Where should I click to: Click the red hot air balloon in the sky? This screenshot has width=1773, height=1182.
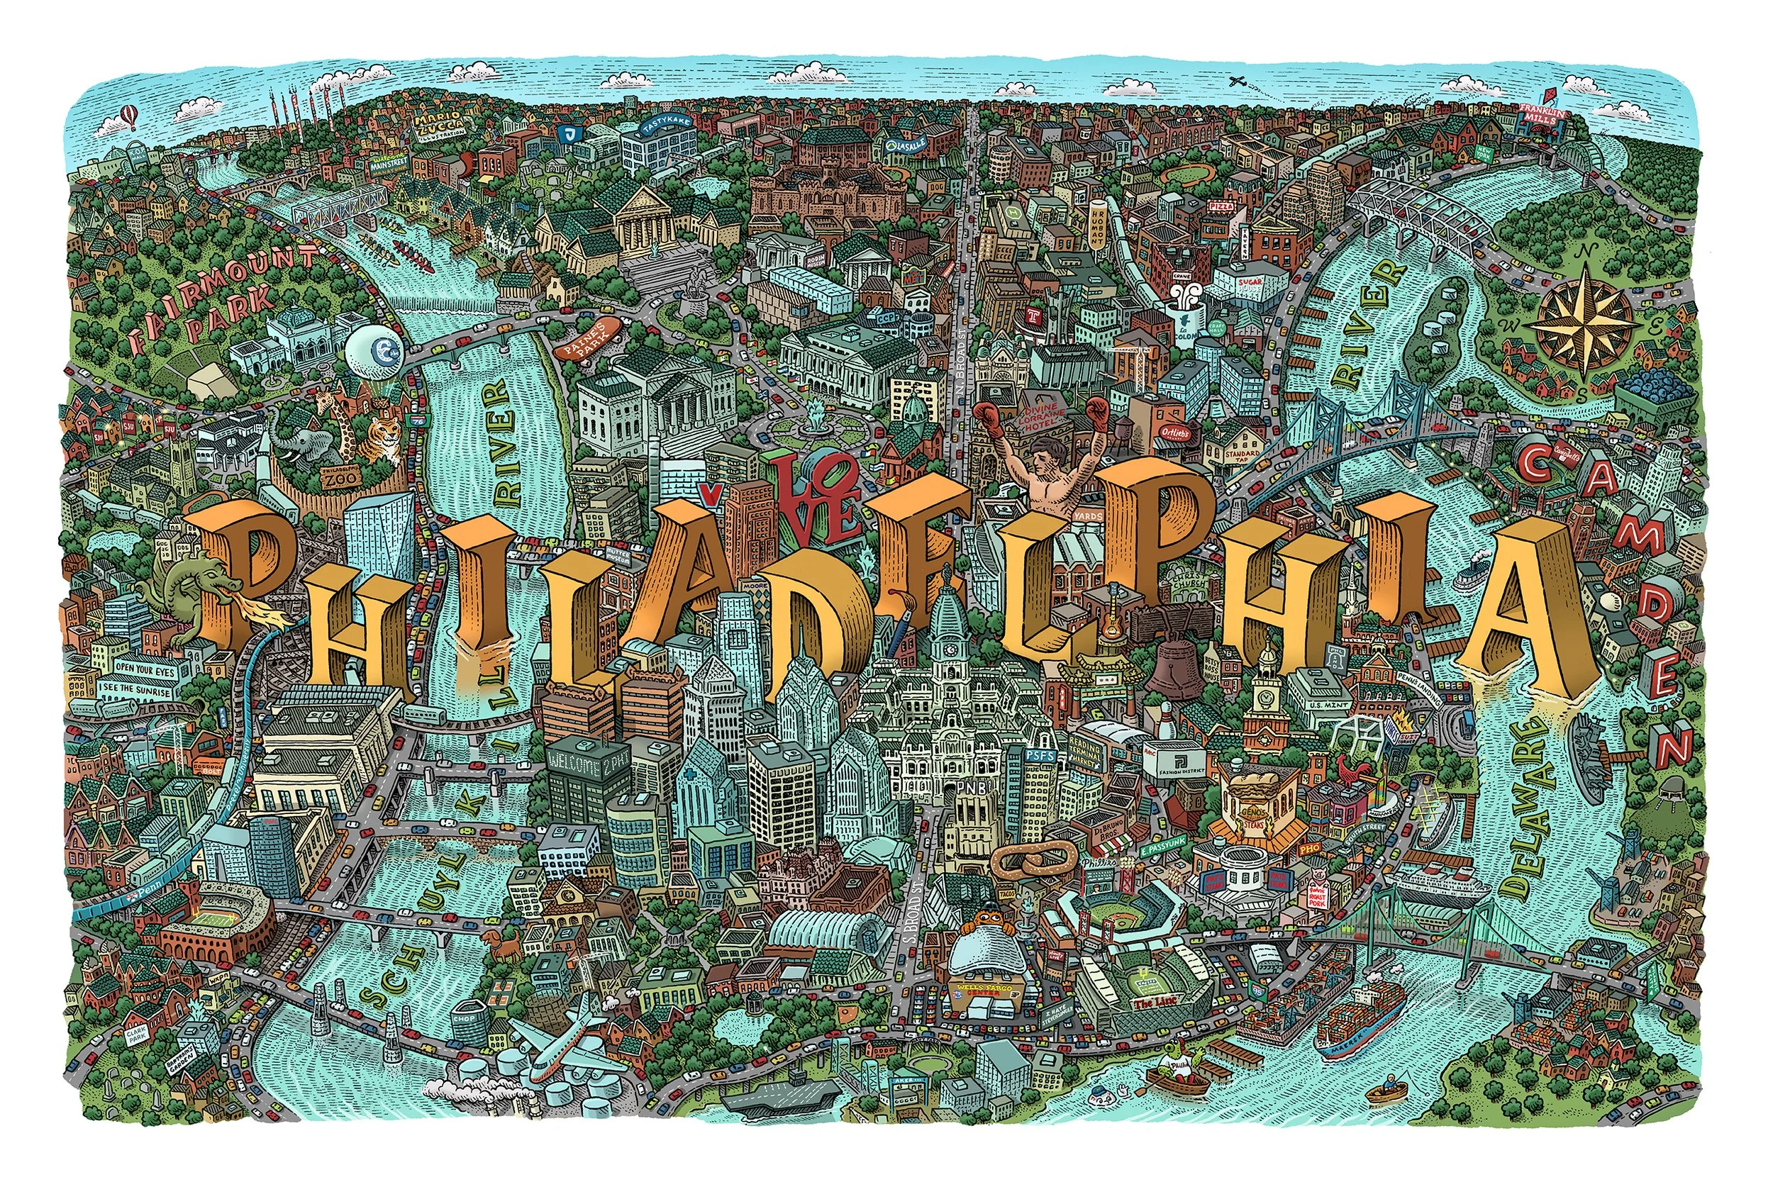tap(126, 118)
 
